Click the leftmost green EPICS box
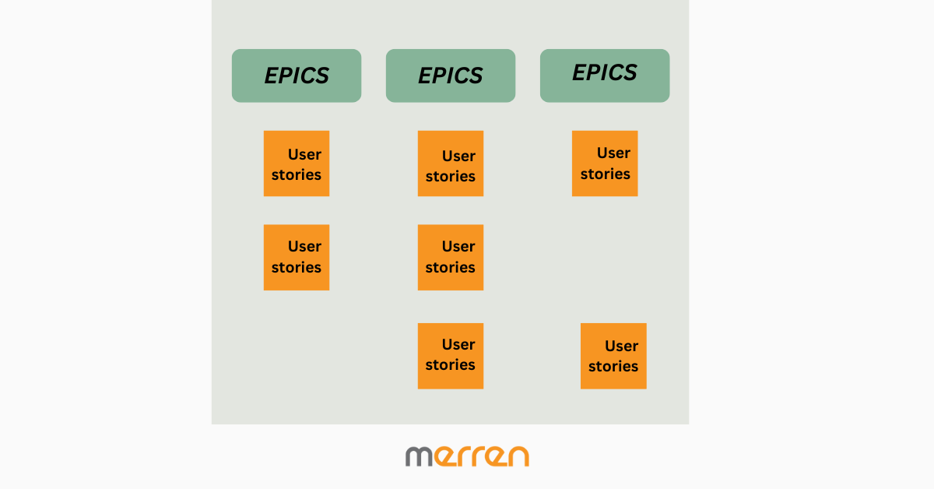[297, 76]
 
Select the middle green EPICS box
[451, 76]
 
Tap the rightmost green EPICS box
[605, 76]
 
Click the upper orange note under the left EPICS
[297, 164]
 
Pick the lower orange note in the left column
[297, 258]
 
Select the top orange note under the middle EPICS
[451, 164]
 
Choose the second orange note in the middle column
[451, 258]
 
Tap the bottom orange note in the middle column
[451, 356]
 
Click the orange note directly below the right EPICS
[605, 164]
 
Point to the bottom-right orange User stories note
[613, 356]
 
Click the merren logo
[467, 456]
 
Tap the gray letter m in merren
[419, 456]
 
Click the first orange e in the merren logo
[445, 456]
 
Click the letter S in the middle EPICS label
[476, 76]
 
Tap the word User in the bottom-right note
[621, 346]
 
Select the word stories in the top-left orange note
[297, 175]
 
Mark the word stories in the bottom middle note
[451, 365]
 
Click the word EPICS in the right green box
[605, 72]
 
